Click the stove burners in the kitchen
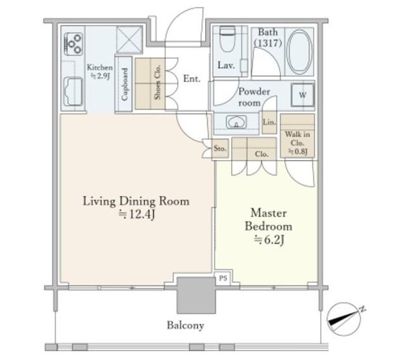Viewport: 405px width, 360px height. (x=73, y=44)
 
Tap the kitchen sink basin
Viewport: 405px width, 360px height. (x=73, y=91)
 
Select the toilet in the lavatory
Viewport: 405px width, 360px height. (x=227, y=39)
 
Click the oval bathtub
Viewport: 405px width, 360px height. (x=299, y=52)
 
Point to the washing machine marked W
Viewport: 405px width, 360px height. (x=302, y=95)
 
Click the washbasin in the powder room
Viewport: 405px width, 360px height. (x=236, y=122)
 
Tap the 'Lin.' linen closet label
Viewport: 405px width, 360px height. (x=269, y=122)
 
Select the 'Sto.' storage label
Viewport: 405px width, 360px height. (x=220, y=149)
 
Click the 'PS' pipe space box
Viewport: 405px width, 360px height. (x=223, y=278)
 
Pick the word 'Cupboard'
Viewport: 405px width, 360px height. (x=125, y=84)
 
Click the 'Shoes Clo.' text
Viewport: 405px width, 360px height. (x=158, y=82)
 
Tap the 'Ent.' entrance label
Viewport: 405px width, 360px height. (x=192, y=78)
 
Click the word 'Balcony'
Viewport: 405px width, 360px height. (x=185, y=325)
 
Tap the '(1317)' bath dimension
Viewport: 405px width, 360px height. (x=268, y=43)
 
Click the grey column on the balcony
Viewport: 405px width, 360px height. (x=196, y=295)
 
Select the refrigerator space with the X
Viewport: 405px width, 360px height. (x=129, y=39)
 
